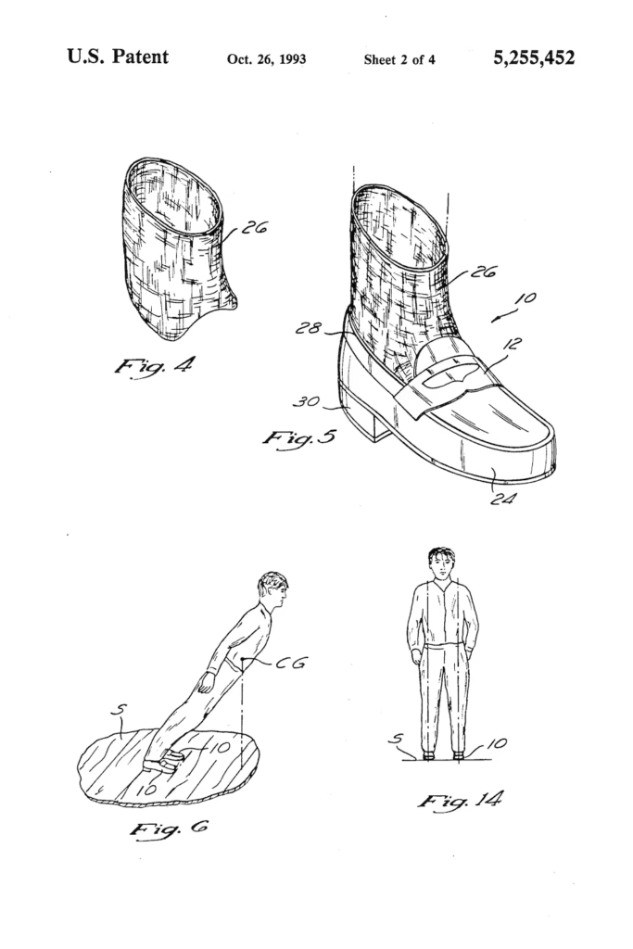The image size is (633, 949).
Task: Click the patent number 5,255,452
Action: tap(534, 58)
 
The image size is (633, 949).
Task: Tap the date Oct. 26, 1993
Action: tap(266, 59)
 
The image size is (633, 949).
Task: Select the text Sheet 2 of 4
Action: tap(399, 59)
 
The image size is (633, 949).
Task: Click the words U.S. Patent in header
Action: tap(118, 57)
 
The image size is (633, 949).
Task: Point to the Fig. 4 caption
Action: tap(155, 365)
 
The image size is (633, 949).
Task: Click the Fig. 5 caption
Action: tap(299, 437)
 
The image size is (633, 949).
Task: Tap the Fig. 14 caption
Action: tap(460, 802)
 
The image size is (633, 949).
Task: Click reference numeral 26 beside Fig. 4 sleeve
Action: tap(254, 228)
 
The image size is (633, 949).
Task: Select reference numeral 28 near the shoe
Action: tap(309, 328)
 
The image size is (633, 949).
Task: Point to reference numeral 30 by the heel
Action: tap(306, 400)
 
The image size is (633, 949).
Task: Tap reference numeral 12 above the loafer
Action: tap(512, 344)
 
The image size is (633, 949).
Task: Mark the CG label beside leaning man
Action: tap(291, 662)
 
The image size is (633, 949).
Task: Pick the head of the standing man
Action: tap(441, 564)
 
